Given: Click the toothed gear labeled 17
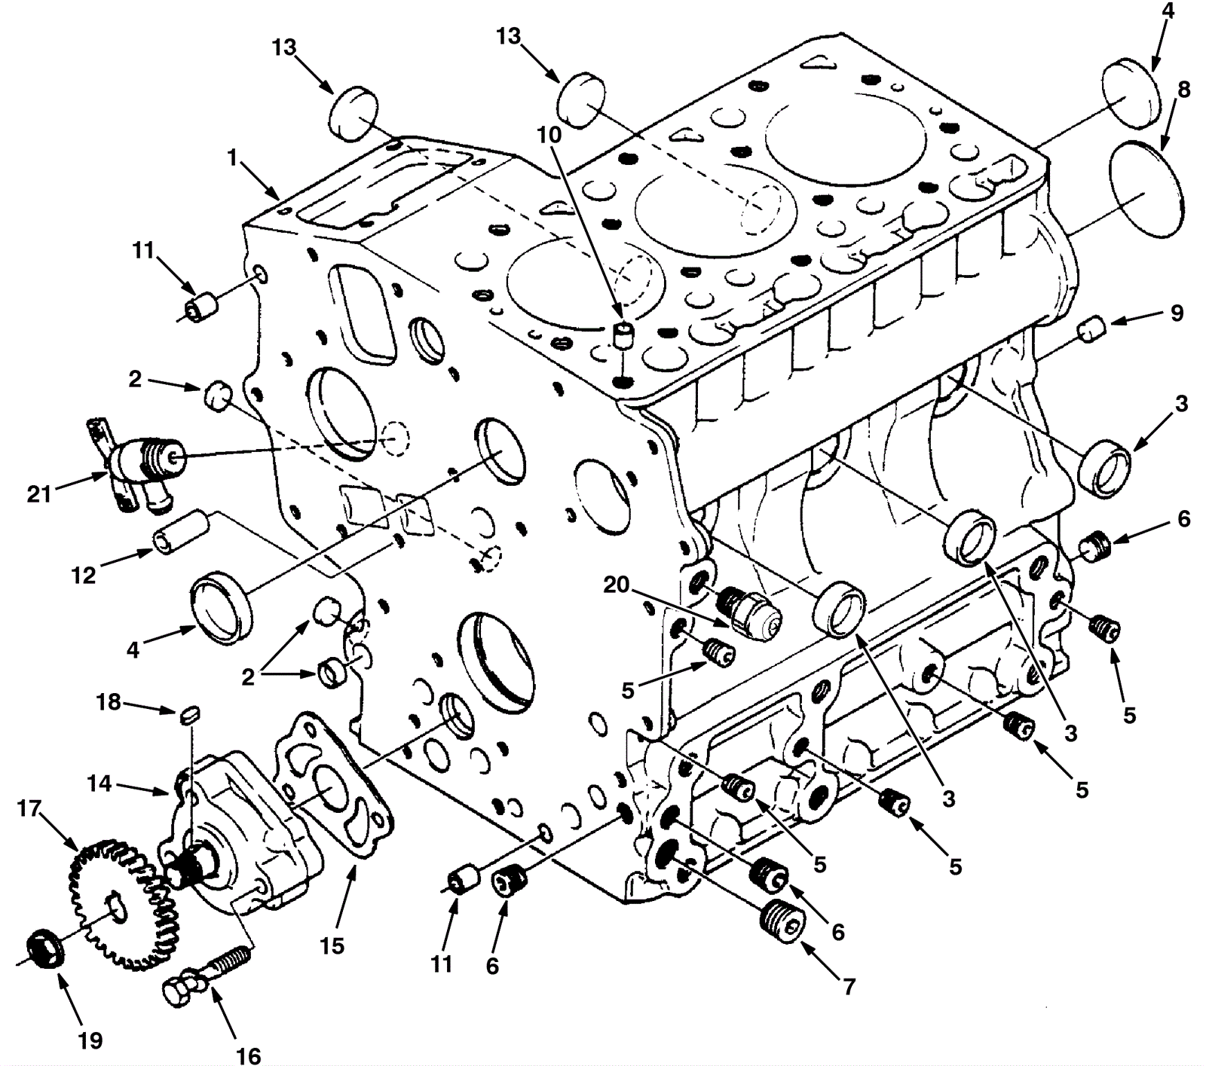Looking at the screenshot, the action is click(x=121, y=904).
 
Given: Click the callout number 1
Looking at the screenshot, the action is click(x=234, y=158).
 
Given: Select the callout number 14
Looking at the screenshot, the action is click(x=99, y=784).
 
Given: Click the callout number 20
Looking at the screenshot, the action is click(x=617, y=585).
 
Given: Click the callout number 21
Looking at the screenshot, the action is click(x=38, y=494).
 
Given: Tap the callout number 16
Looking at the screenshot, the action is click(x=249, y=1056).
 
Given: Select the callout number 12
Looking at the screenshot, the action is click(x=84, y=576).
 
